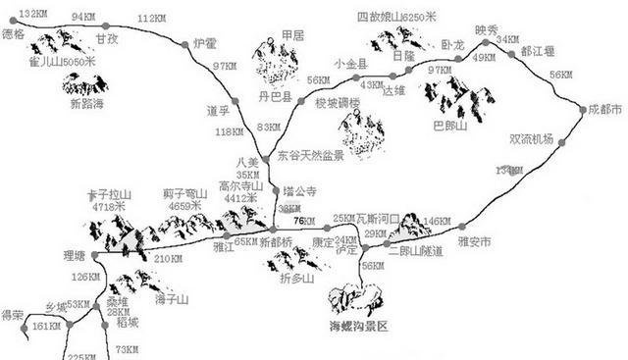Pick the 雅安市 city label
pos(474,239)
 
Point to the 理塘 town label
pos(75,256)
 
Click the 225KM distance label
pos(85,355)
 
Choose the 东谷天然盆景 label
pos(309,155)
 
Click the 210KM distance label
pos(169,259)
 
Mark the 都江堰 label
pos(539,51)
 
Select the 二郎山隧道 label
pos(416,252)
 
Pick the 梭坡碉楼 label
pos(338,103)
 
